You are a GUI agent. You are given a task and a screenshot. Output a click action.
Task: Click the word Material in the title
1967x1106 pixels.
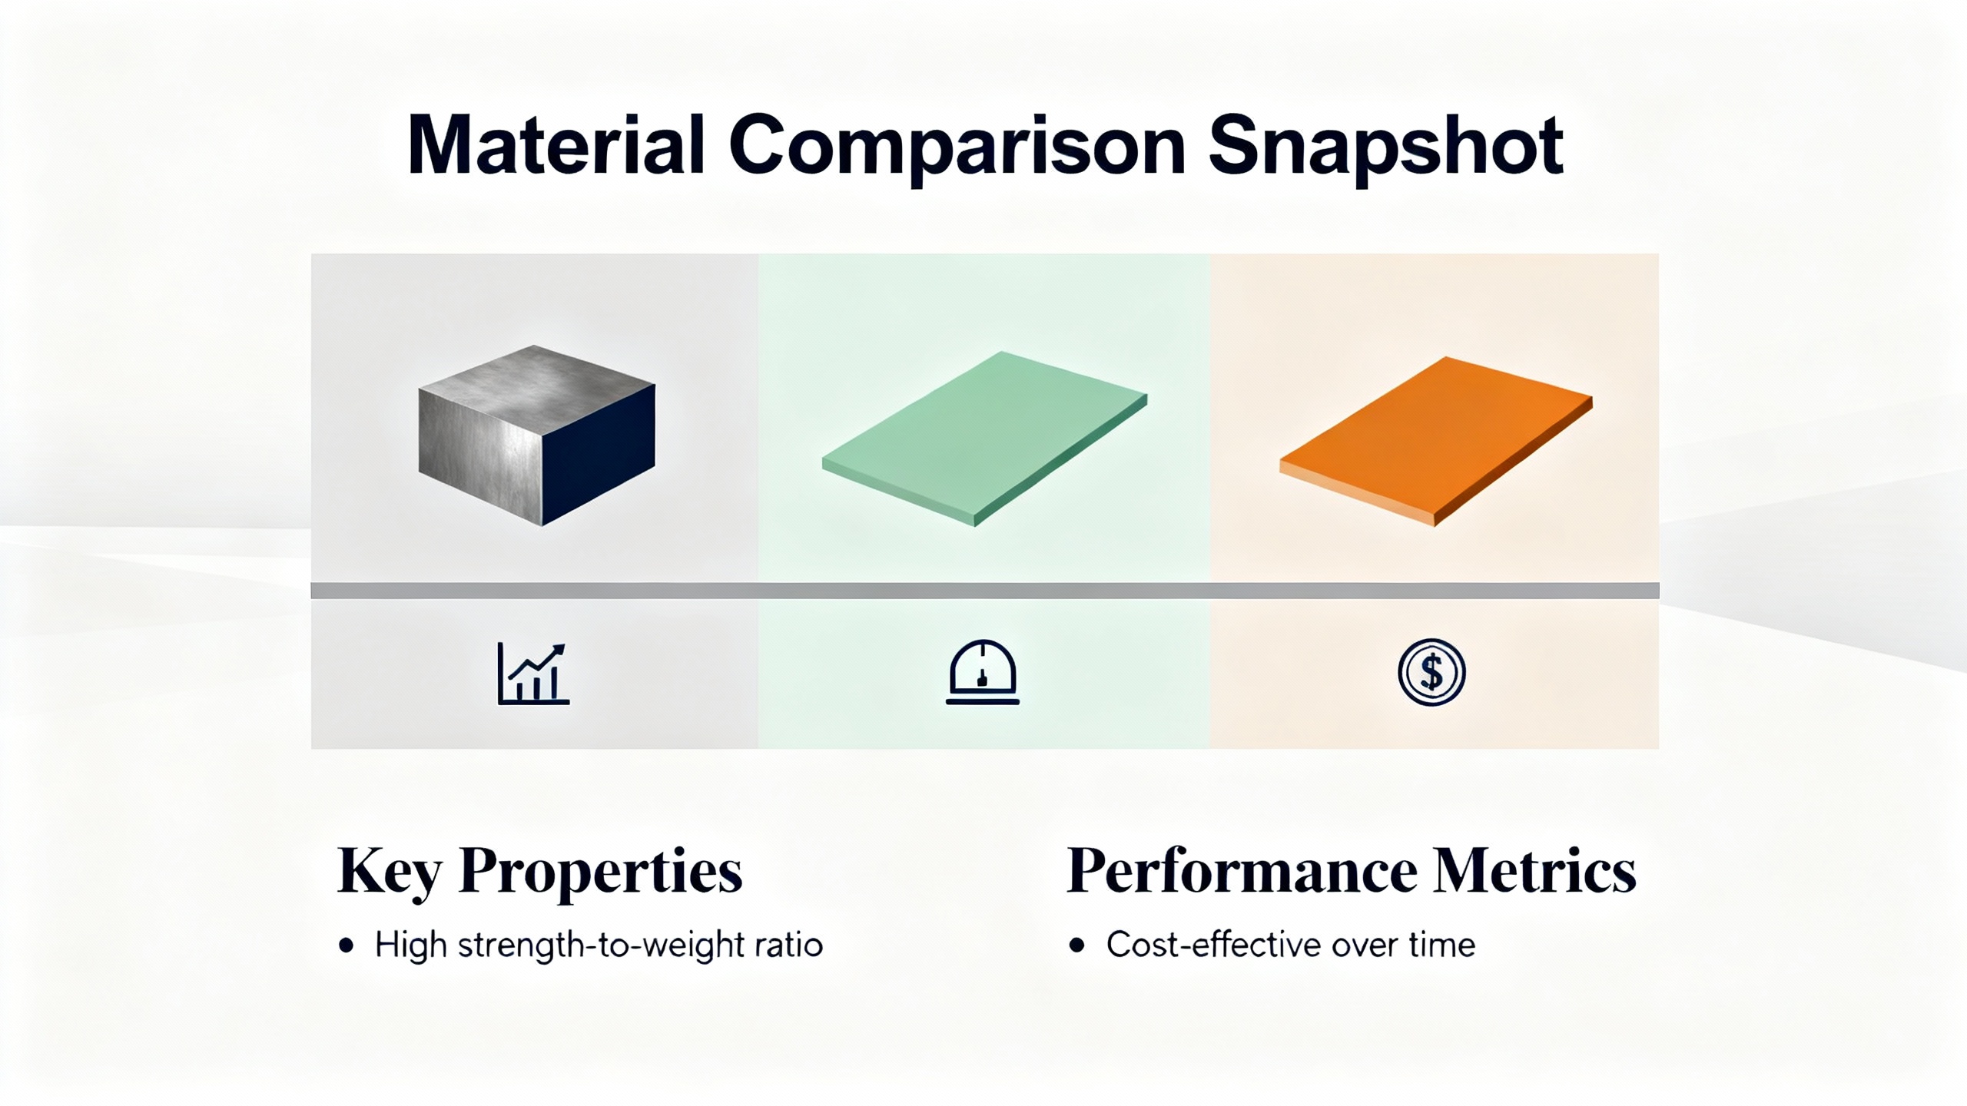tap(556, 145)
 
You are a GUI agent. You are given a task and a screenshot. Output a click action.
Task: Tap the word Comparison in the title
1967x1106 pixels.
tap(957, 150)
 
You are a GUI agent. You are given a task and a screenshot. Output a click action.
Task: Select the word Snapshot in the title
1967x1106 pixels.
tap(1385, 149)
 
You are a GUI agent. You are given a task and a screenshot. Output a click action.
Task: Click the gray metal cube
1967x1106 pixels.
tap(537, 435)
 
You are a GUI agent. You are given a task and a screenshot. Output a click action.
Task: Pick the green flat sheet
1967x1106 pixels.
tap(984, 439)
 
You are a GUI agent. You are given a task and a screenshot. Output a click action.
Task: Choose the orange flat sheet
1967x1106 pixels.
tap(1435, 441)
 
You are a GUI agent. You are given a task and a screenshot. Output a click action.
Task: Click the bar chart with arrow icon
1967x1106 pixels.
tap(533, 673)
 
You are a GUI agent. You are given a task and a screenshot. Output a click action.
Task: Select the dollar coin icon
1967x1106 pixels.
tap(1431, 672)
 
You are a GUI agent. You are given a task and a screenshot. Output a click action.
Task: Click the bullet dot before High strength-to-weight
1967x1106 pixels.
tap(347, 945)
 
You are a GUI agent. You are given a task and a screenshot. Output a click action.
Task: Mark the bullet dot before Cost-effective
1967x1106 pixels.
tap(1077, 945)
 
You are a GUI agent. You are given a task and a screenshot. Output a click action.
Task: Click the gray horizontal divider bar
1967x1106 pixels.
tap(985, 590)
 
